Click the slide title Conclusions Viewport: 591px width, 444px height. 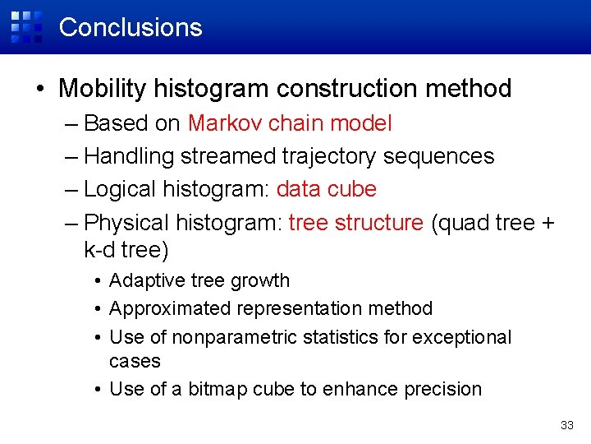click(131, 27)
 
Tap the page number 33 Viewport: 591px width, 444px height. click(566, 425)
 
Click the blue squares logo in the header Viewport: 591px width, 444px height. click(25, 26)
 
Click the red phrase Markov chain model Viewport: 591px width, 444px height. click(290, 123)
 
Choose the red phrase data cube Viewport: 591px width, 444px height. click(326, 189)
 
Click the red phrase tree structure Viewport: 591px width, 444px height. click(356, 222)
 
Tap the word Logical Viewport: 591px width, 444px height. click(120, 189)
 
